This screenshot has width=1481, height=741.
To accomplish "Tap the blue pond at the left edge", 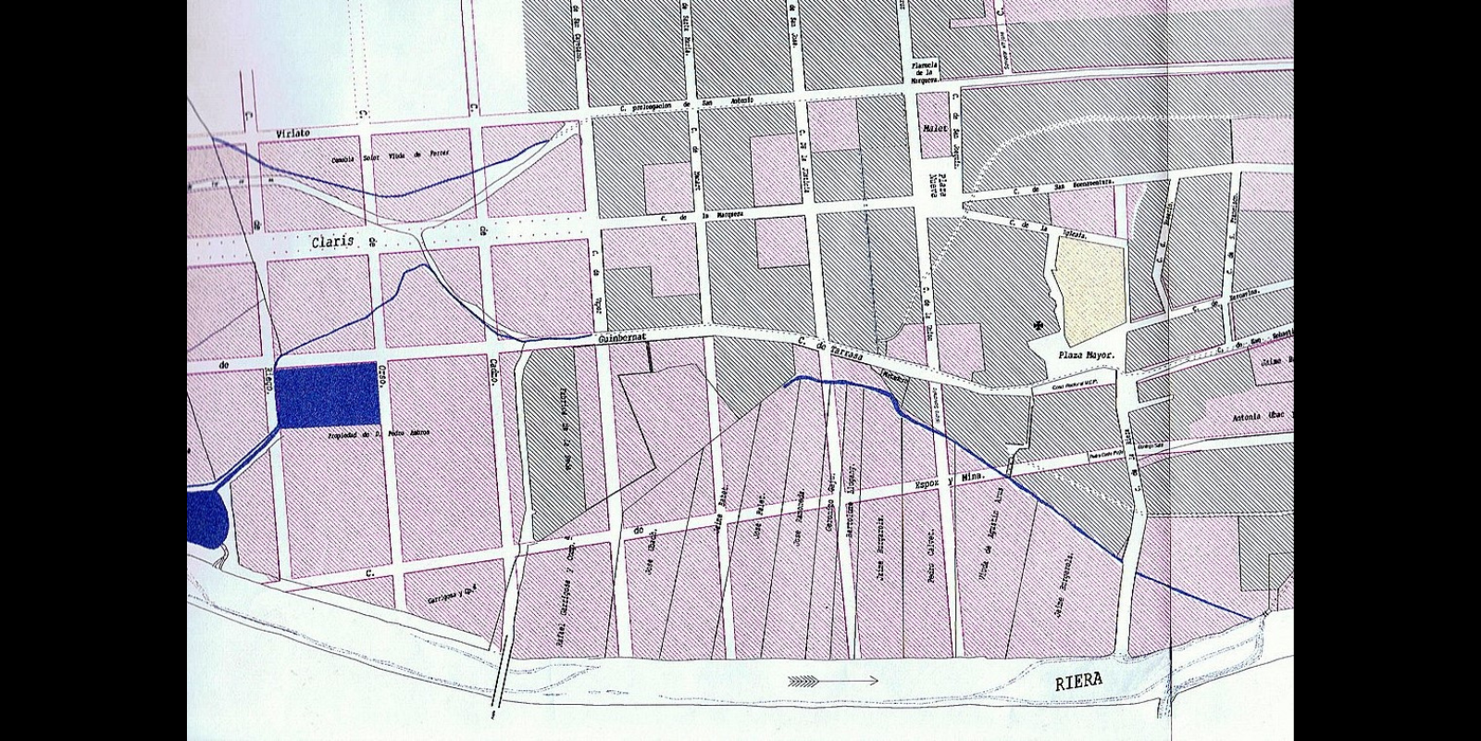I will click(x=205, y=520).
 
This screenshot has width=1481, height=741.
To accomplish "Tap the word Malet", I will click(x=936, y=128).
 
